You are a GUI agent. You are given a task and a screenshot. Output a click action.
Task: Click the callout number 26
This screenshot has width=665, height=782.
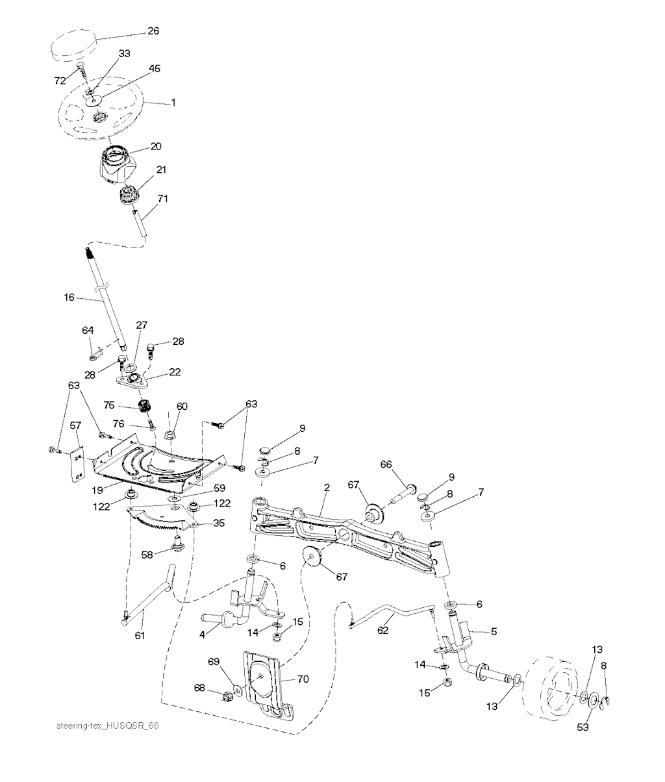coord(153,31)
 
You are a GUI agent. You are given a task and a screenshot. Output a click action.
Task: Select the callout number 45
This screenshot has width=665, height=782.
coord(155,68)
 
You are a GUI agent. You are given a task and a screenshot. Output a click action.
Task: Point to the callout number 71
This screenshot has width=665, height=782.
coord(162,198)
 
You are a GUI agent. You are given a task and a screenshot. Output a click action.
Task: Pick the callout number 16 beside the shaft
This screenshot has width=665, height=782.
coord(69,297)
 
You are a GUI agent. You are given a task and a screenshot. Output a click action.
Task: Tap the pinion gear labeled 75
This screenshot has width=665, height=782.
coord(143,407)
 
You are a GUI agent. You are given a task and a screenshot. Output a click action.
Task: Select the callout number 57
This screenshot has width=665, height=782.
coord(75,425)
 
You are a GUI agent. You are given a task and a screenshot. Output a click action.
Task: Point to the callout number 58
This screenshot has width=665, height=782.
coord(147,555)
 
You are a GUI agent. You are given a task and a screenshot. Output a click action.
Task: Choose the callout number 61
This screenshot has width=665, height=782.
coord(140,636)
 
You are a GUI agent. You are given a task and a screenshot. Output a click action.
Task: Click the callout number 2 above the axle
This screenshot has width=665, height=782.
coord(327,488)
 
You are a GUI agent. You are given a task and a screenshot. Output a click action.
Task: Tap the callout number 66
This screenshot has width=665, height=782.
coord(386,464)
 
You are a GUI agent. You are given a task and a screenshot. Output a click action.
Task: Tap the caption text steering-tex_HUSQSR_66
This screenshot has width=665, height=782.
coord(107,725)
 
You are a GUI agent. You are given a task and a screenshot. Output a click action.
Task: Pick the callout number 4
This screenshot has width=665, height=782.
coord(203,635)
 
